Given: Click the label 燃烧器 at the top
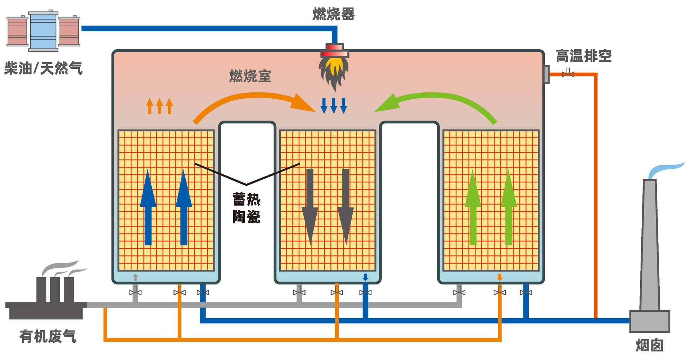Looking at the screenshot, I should coord(333,14).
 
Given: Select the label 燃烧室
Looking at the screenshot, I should coord(250,76).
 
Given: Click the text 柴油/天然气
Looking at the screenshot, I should coord(43,68).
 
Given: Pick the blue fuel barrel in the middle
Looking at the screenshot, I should coord(43,31).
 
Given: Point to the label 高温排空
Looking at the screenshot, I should coord(583,56).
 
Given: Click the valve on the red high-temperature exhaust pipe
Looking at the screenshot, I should coord(568,74).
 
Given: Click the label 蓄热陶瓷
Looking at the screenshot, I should coord(246,208).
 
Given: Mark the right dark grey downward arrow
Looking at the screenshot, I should coord(345,207).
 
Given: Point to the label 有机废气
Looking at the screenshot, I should coord(48,337).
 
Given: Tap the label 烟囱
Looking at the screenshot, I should coord(649,345).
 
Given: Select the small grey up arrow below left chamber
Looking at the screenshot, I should coord(135,277).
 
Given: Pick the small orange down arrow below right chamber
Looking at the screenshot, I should coord(500,277).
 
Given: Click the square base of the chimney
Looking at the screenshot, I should coord(649,321).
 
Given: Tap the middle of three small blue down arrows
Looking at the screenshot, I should coord(334,105).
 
